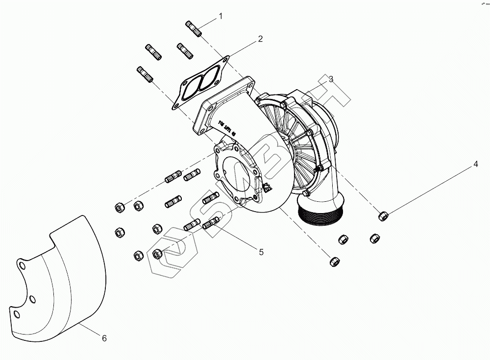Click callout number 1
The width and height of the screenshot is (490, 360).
pos(220,16)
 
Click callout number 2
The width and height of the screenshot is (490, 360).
pos(260,39)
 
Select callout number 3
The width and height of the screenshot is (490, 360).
pos(331,79)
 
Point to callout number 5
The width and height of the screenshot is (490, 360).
pos(261,252)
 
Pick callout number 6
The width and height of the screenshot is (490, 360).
pos(104,338)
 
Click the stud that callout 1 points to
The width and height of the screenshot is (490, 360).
pos(194,28)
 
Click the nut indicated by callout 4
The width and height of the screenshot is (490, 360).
pos(384,215)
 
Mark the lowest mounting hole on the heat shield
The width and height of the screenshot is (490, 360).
pos(17,314)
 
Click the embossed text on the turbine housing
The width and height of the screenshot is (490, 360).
pos(227,127)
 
